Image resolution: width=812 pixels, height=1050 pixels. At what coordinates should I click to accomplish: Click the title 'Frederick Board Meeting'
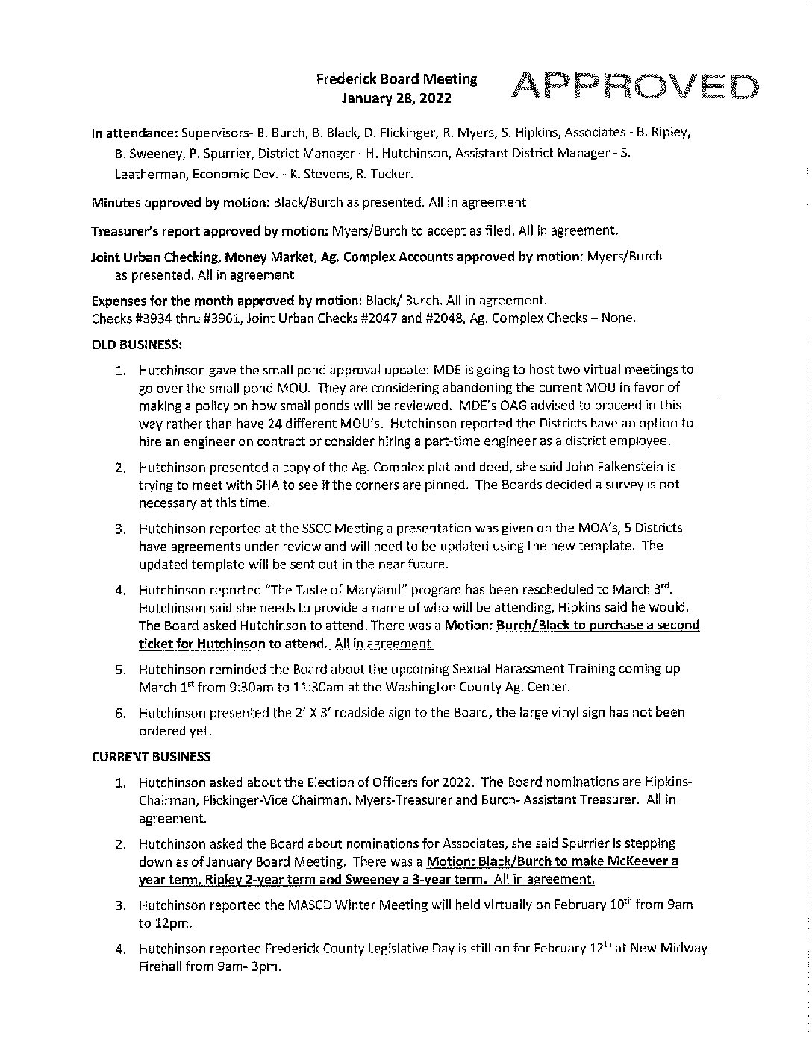[396, 78]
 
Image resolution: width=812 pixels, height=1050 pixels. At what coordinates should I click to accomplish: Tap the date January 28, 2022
[396, 97]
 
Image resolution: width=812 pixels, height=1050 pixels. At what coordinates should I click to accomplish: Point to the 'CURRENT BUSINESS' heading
[151, 757]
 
